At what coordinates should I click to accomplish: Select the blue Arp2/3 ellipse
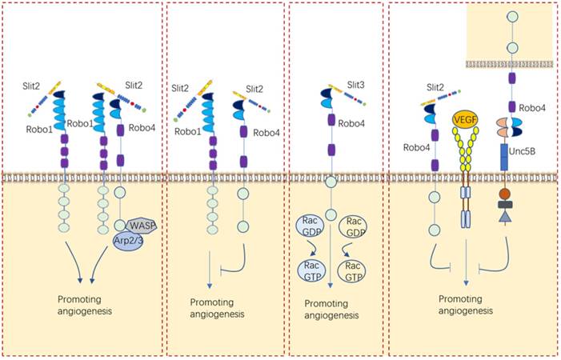click(x=128, y=240)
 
